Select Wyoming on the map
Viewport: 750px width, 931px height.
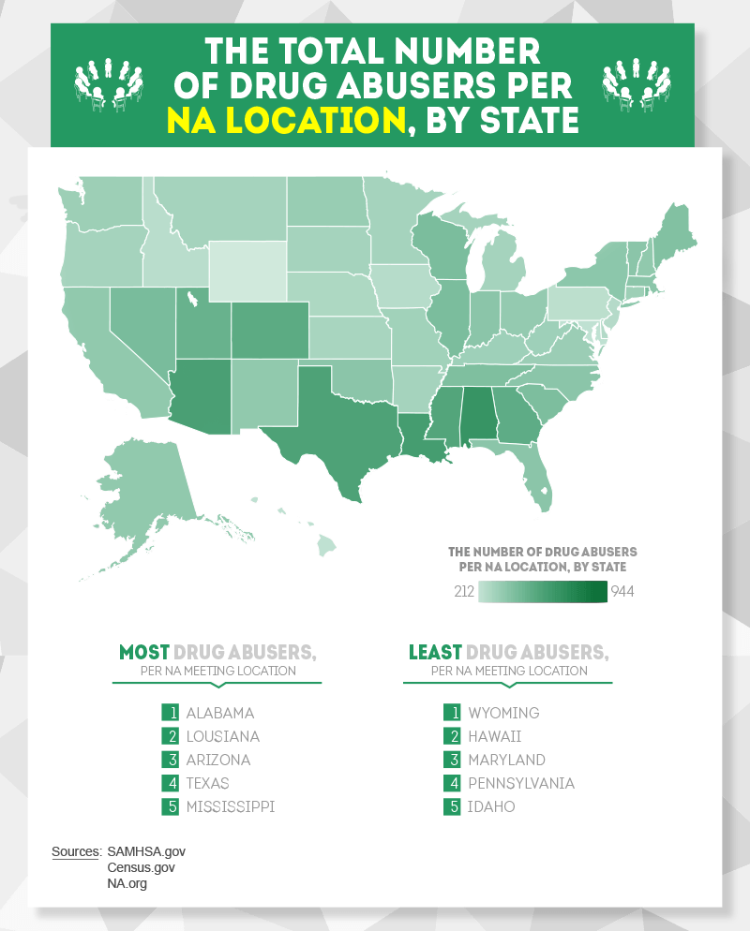[247, 271]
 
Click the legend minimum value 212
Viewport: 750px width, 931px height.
[463, 592]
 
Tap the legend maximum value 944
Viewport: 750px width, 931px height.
[623, 592]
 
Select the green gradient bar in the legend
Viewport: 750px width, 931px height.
[543, 592]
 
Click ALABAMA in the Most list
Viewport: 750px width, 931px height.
[219, 713]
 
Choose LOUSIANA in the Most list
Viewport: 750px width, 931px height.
[222, 736]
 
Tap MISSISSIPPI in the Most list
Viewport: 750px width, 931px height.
[230, 806]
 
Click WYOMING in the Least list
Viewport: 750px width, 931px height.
[503, 713]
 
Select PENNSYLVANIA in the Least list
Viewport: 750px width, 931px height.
[521, 783]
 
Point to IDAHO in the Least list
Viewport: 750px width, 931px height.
[491, 806]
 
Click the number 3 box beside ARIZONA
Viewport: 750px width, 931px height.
[170, 760]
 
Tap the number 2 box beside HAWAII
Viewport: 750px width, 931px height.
[452, 736]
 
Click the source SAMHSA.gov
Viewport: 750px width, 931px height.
[147, 851]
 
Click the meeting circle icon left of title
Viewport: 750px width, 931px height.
[105, 84]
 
